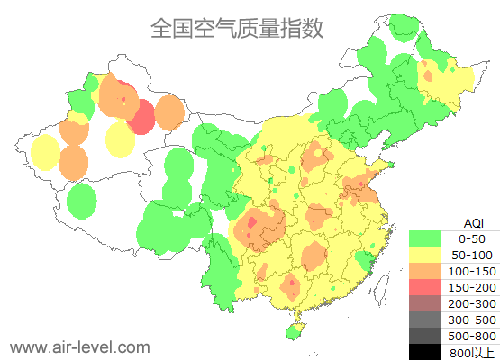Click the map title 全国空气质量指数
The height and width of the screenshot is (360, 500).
(x=237, y=28)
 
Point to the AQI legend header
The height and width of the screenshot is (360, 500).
(x=473, y=222)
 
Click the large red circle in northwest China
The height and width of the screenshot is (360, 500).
(x=141, y=117)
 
